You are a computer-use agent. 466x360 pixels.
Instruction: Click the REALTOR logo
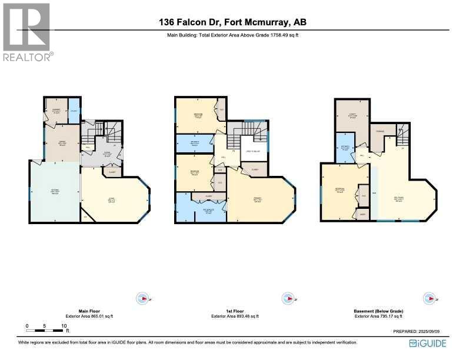[x=26, y=32]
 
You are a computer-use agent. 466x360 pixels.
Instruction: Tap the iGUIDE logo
[x=428, y=343]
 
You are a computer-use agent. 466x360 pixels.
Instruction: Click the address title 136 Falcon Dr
[x=232, y=23]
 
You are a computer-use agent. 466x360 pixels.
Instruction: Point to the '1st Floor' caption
[x=233, y=311]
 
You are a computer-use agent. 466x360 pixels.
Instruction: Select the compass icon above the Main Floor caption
[x=142, y=298]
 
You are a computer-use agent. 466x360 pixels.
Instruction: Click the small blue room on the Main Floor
[x=74, y=111]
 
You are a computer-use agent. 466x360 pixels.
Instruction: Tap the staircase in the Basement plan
[x=402, y=137]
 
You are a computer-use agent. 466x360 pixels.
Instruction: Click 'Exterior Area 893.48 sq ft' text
[x=233, y=316]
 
